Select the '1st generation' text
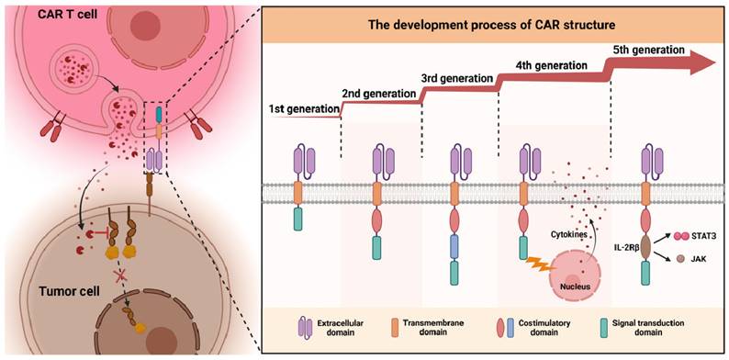[x=304, y=109]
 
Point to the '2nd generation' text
[x=378, y=93]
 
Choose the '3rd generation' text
[x=456, y=77]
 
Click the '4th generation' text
[x=552, y=65]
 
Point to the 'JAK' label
[x=696, y=262]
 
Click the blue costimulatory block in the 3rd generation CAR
[x=455, y=247]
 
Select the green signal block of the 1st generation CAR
[x=298, y=219]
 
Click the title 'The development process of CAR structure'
[x=492, y=25]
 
